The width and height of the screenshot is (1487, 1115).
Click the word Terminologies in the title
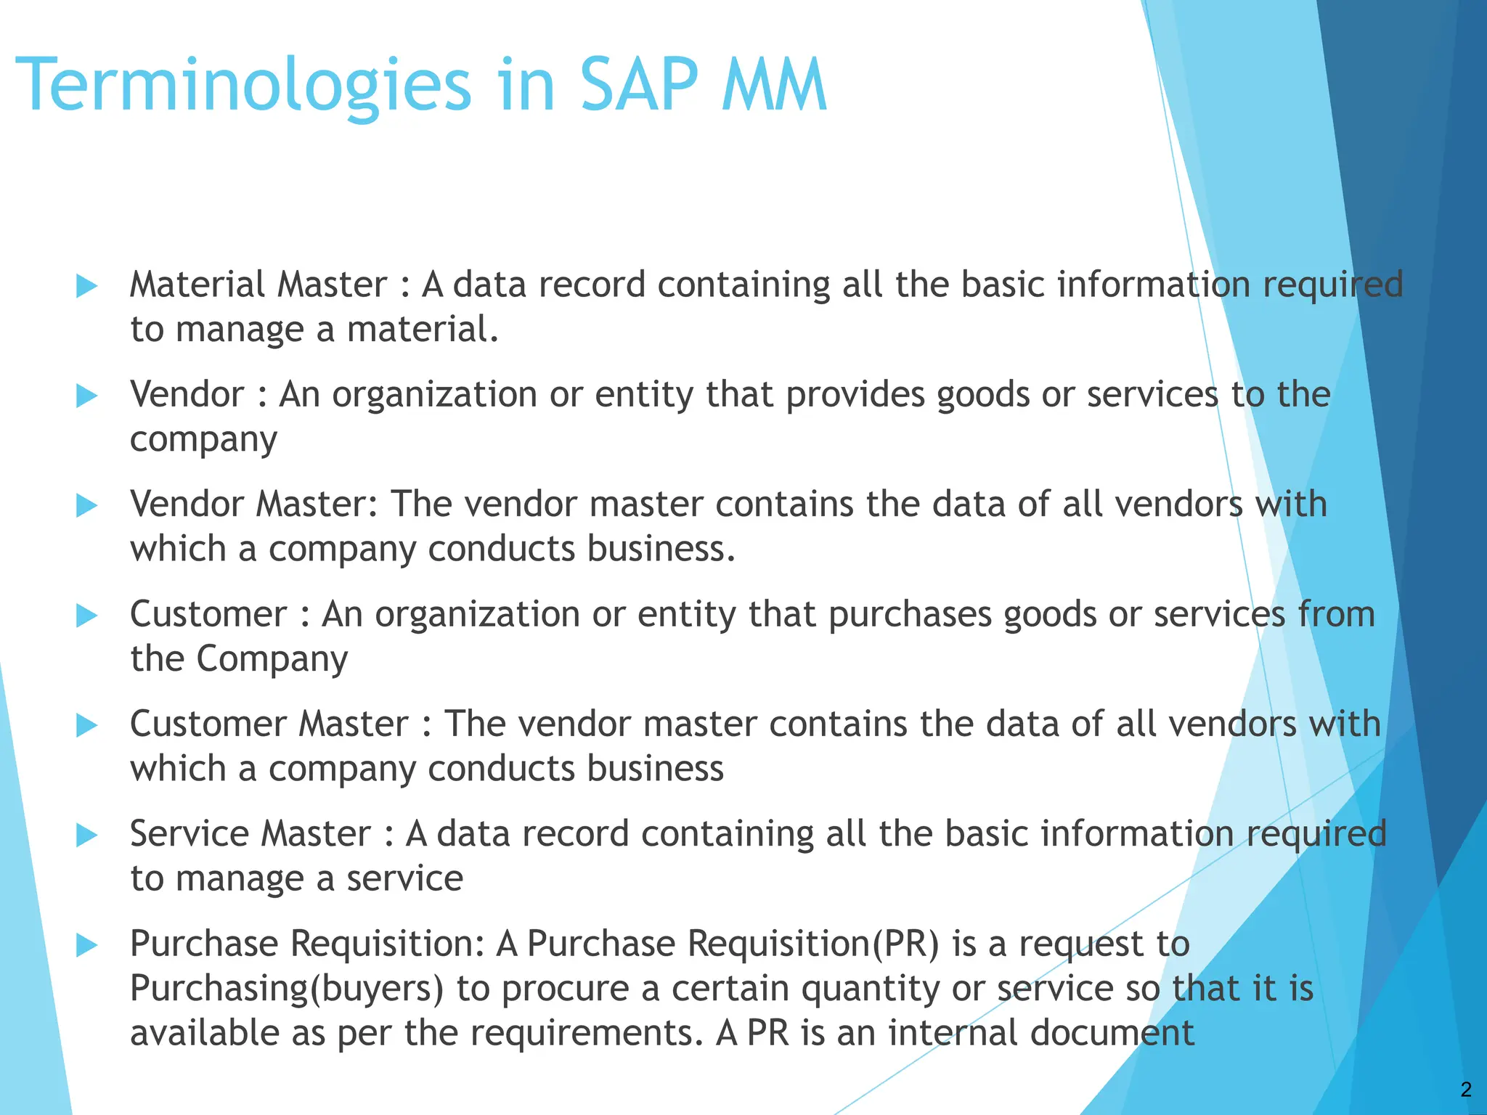click(243, 87)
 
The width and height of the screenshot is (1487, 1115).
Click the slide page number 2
click(1466, 1089)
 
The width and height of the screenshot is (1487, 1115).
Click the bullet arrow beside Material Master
click(86, 286)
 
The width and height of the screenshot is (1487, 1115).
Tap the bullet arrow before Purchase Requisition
click(86, 945)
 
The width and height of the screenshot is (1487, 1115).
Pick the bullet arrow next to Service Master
click(86, 836)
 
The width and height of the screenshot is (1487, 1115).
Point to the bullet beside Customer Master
click(86, 725)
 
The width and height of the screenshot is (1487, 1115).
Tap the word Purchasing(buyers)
click(287, 989)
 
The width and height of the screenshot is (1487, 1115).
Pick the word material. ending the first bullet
click(423, 330)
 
